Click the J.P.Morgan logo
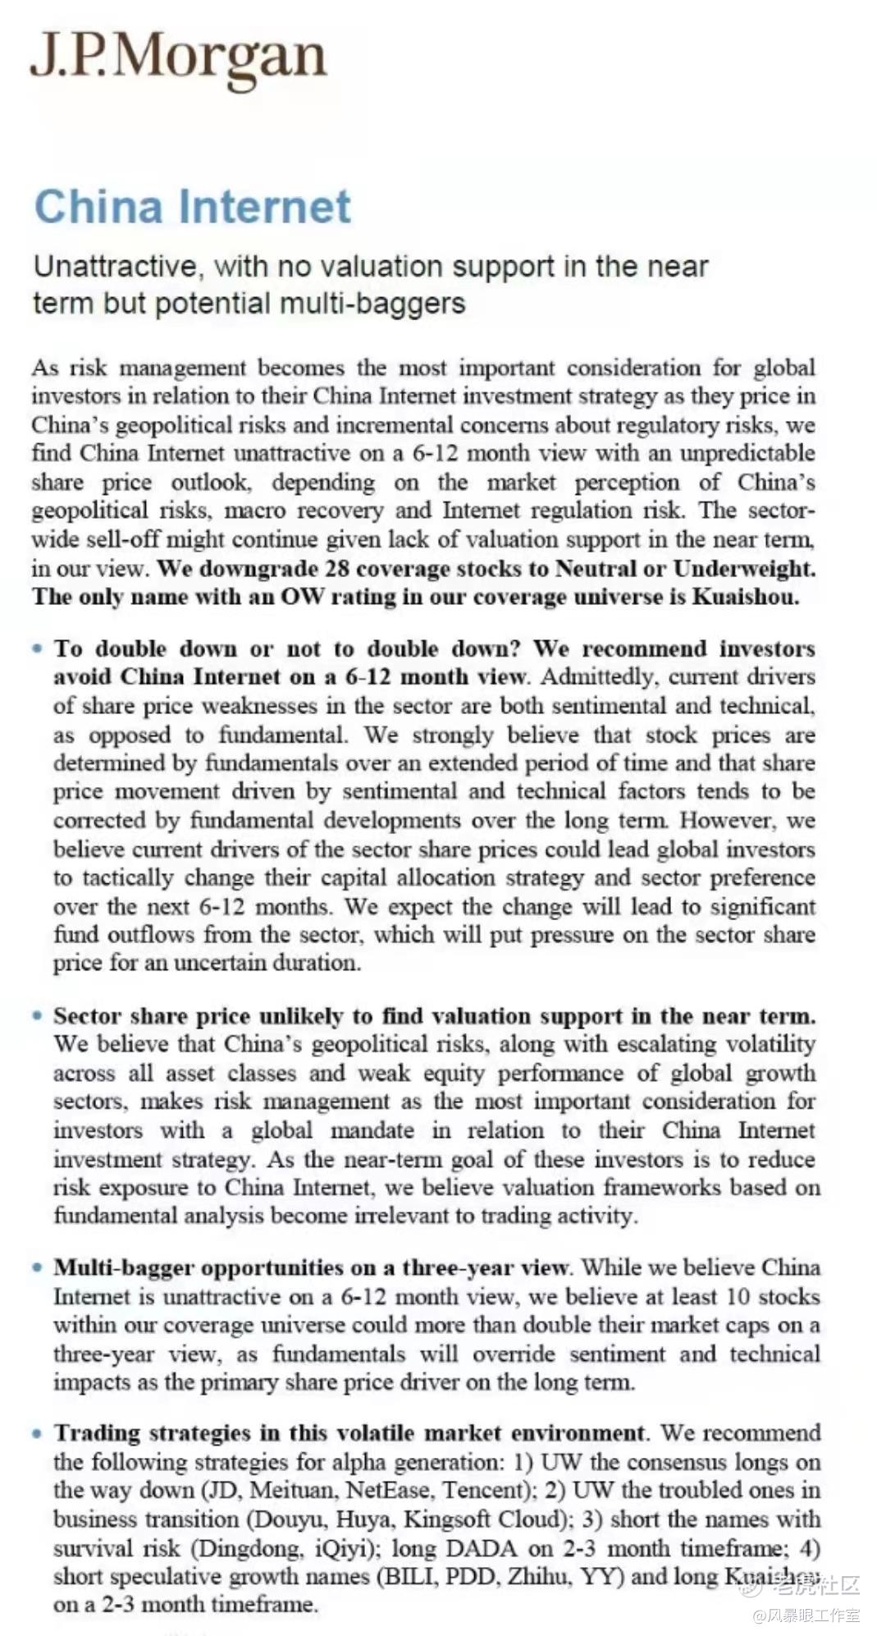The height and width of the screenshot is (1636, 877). click(x=179, y=57)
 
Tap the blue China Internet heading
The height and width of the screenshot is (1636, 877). click(x=193, y=207)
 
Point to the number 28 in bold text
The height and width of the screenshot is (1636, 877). click(x=337, y=568)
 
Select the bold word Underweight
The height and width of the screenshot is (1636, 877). click(x=744, y=568)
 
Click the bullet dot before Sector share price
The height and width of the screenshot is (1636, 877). click(x=37, y=1015)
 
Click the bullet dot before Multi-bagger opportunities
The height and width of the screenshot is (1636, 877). click(x=37, y=1267)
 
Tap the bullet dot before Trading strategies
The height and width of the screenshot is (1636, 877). click(x=37, y=1433)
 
